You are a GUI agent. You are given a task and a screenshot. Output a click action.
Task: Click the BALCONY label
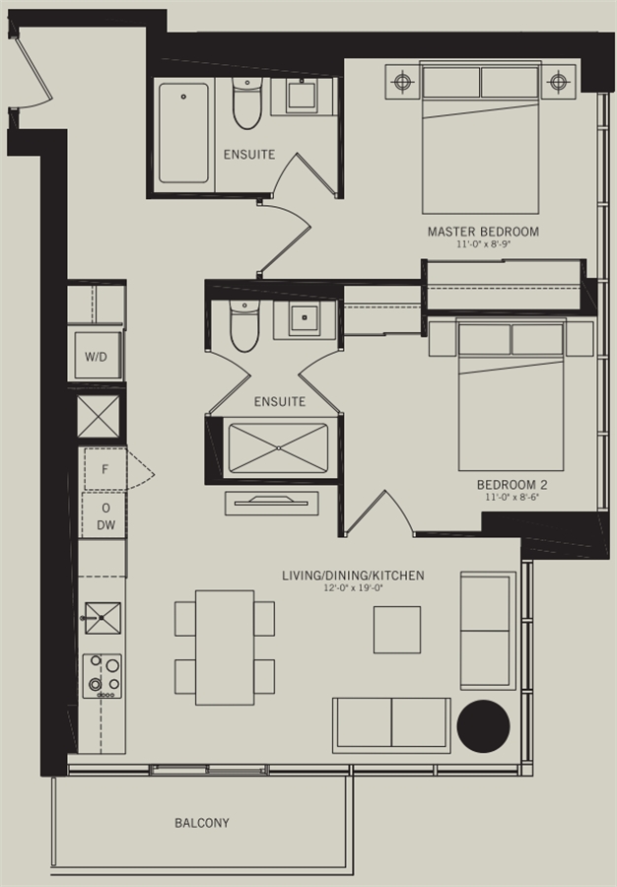[202, 823]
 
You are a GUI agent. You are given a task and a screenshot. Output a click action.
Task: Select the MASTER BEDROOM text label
[483, 232]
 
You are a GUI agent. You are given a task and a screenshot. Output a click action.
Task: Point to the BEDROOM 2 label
[512, 485]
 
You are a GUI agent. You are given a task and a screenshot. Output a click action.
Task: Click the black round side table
[484, 726]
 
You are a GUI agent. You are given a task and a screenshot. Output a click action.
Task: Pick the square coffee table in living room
[397, 630]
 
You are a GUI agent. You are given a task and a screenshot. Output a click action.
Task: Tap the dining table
[225, 648]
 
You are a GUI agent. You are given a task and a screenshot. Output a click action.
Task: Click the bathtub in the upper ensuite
[183, 133]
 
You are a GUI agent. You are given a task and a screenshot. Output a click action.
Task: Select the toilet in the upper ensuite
[247, 103]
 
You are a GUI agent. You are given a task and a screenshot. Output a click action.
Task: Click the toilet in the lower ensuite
[244, 326]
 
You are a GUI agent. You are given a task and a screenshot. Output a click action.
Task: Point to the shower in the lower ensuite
[278, 448]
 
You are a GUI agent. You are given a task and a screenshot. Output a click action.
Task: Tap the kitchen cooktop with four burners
[102, 676]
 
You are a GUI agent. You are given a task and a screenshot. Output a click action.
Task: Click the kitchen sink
[103, 618]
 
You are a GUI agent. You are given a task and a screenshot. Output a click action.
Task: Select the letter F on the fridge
[104, 469]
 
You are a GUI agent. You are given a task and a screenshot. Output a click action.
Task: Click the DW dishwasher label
[105, 525]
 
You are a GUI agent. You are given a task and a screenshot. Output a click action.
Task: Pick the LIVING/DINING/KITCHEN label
[353, 576]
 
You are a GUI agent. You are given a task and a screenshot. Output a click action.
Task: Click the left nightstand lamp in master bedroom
[402, 82]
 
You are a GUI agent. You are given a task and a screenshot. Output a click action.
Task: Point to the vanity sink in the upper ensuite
[302, 97]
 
